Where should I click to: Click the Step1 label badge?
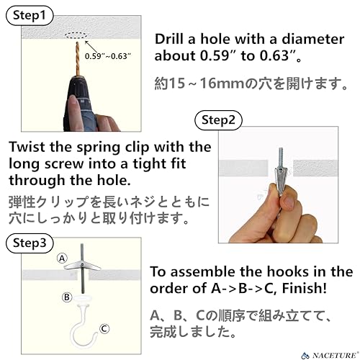[30, 16]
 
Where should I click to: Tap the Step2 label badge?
[218, 120]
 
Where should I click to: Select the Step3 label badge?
[30, 243]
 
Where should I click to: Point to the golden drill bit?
[77, 58]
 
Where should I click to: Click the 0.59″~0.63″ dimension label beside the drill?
[108, 56]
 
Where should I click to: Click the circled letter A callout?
[62, 258]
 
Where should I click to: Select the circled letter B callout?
[67, 297]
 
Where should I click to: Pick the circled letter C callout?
[104, 329]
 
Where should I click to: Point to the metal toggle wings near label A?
[82, 266]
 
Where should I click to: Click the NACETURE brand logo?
[329, 355]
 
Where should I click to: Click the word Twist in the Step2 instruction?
[27, 147]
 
